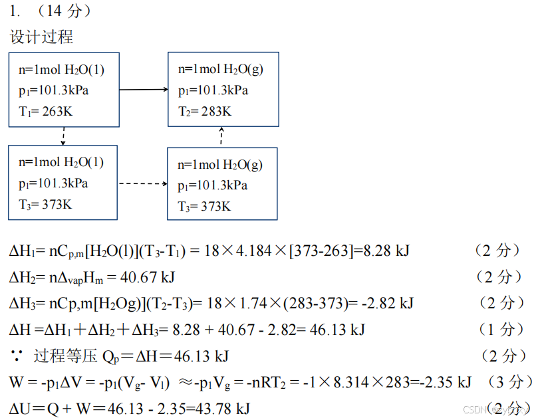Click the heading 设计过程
[41, 37]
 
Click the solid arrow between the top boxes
[144, 88]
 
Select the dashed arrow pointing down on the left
[64, 136]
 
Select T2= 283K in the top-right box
[205, 111]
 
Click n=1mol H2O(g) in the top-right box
[220, 69]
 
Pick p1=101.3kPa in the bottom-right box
[213, 185]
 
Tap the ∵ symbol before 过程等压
[16, 356]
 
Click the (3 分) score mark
[509, 382]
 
